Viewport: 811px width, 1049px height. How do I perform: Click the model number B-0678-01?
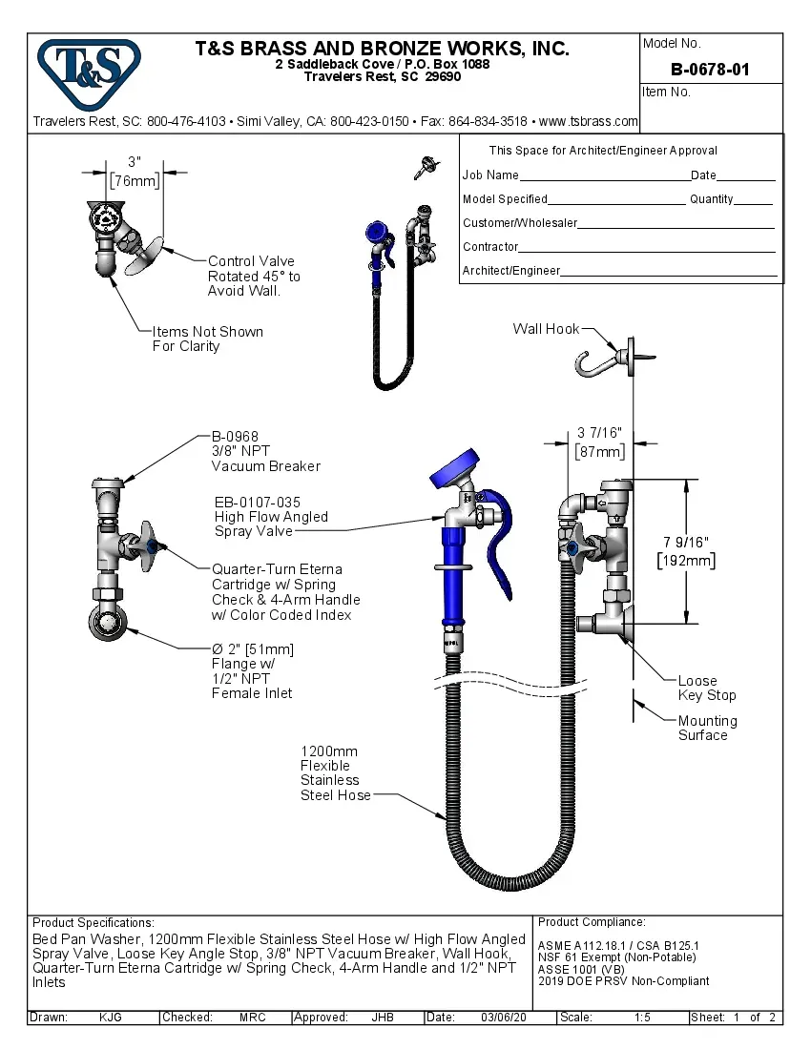pos(710,70)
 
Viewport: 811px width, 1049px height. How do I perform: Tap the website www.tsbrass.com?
pos(588,121)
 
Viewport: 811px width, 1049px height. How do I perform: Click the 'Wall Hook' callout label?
pos(546,329)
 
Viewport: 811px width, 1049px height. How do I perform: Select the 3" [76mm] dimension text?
pos(135,172)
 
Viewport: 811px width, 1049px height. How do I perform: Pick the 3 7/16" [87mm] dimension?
pos(600,442)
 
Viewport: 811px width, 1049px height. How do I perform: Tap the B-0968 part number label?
pos(235,437)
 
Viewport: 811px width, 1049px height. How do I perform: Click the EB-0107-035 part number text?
pos(257,502)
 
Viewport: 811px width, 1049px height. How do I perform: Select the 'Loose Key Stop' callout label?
pos(706,688)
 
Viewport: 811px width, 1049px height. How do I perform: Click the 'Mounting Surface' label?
pos(707,728)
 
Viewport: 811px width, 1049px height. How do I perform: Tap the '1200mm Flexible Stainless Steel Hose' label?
pos(335,773)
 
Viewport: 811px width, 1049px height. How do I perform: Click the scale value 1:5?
pos(642,1018)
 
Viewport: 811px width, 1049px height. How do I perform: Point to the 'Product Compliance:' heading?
pos(592,922)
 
